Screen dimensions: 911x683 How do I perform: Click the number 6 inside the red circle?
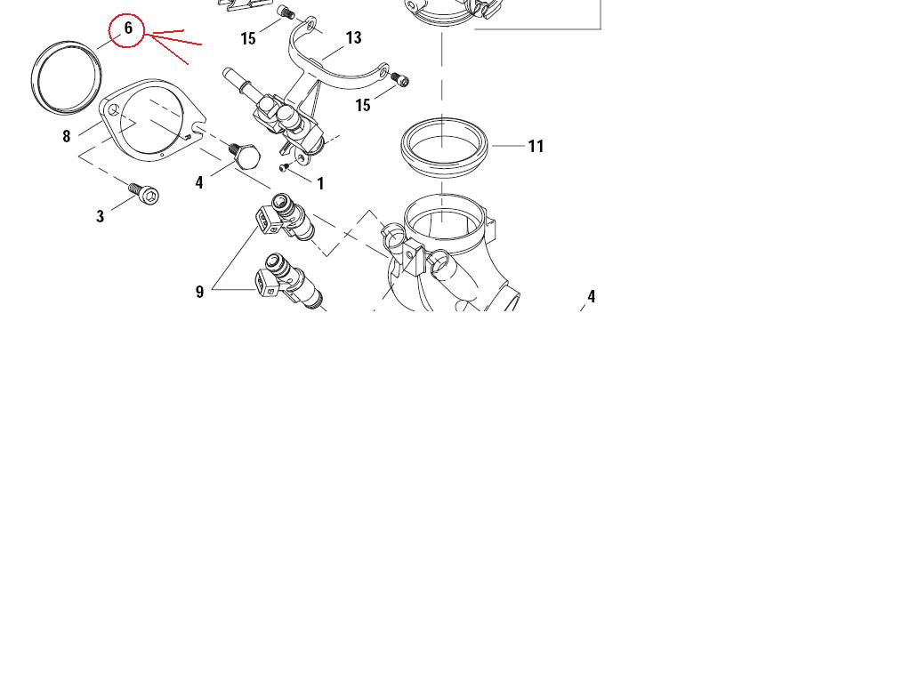coord(128,28)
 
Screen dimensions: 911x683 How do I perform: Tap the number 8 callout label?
coord(66,136)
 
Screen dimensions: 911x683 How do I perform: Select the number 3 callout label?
coord(100,217)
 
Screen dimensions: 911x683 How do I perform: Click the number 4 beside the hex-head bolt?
coord(199,183)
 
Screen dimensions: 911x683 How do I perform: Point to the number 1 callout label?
coord(320,183)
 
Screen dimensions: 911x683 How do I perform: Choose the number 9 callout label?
coord(200,292)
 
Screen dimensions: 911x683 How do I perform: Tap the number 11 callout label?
coord(536,147)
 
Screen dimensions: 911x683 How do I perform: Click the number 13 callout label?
coord(353,37)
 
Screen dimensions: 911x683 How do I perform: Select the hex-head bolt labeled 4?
coord(245,155)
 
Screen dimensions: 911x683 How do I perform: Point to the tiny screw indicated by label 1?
coord(284,168)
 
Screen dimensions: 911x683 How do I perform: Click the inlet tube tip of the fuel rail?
coord(227,73)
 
